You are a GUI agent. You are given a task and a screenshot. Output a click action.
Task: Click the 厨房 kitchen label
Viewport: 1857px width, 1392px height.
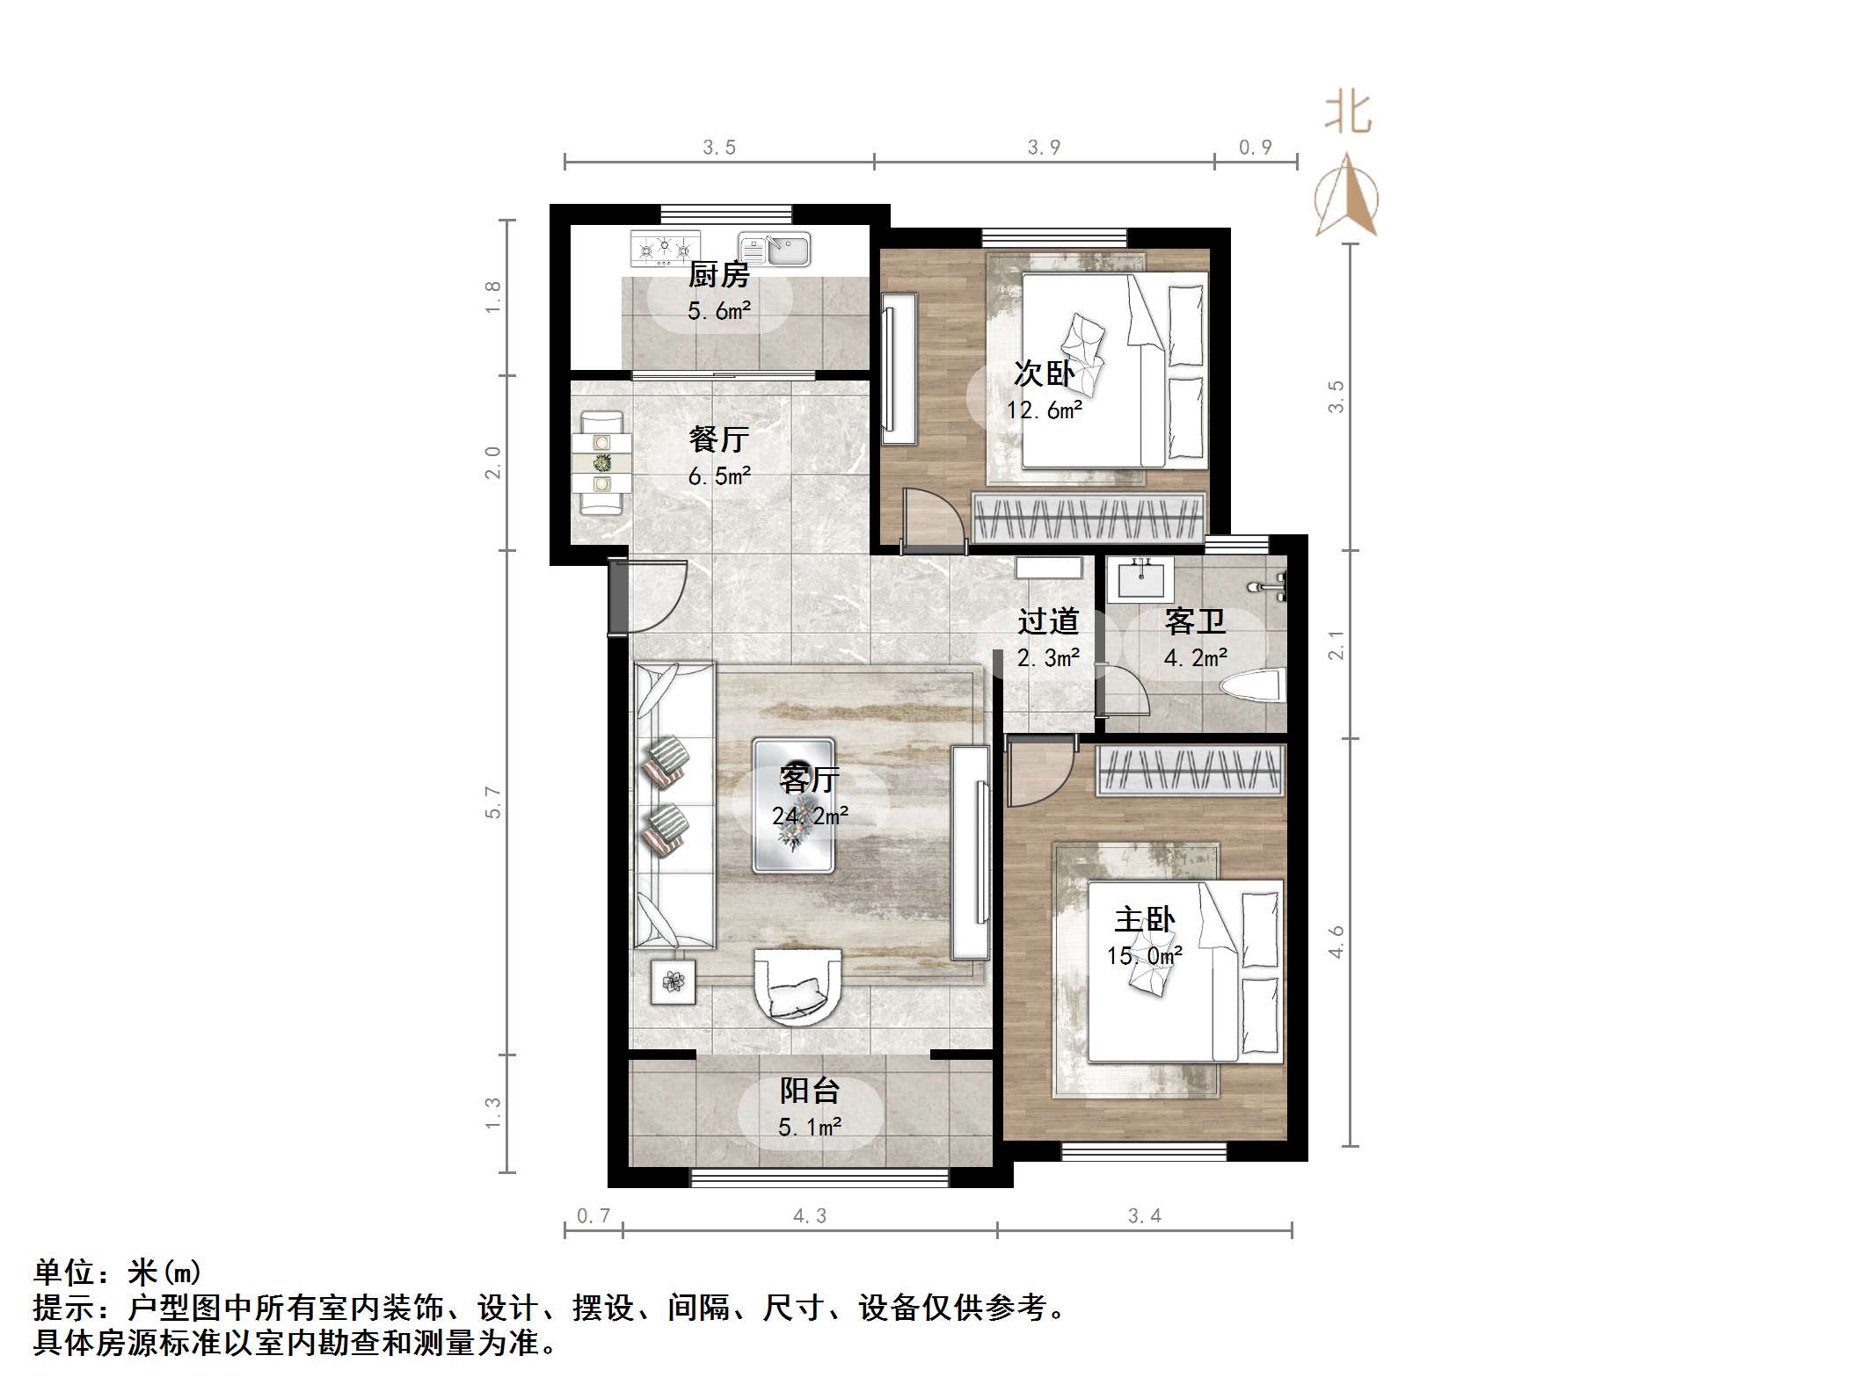click(x=718, y=276)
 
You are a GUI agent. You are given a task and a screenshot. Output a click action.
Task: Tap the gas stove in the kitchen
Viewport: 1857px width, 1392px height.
click(x=665, y=249)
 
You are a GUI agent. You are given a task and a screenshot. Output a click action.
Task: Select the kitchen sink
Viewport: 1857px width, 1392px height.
click(x=774, y=250)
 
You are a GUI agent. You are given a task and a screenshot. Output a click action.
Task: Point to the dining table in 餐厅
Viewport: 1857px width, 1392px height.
click(x=601, y=462)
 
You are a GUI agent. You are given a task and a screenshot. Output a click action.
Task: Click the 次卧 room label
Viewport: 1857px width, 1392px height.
click(x=1044, y=374)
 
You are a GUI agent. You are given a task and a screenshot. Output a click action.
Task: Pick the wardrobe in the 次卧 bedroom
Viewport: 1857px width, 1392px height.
click(x=1089, y=517)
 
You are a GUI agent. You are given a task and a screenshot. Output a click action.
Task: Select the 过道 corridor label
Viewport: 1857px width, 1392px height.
click(x=1048, y=622)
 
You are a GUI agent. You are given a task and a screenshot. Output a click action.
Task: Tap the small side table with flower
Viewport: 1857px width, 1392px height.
click(x=674, y=981)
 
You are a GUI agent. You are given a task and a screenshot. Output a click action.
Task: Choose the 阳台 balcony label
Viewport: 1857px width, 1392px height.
click(x=810, y=1091)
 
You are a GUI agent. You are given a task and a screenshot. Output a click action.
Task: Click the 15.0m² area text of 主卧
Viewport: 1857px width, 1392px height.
click(x=1144, y=956)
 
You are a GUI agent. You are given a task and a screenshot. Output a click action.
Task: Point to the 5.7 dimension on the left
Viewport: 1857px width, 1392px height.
click(x=493, y=802)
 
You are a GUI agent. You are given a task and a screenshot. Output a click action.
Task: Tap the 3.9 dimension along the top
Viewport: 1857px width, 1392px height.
click(x=1044, y=148)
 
